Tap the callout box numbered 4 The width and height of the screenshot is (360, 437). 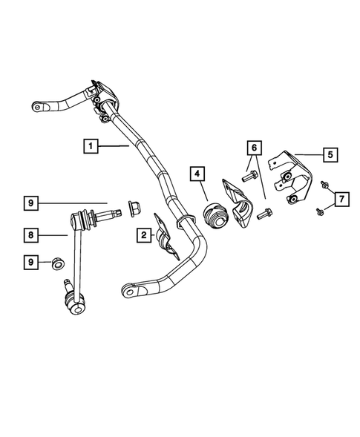[x=197, y=175]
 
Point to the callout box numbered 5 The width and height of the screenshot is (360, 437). [x=330, y=155]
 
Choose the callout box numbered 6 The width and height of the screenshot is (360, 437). [x=254, y=148]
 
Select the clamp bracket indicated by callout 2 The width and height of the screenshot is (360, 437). [x=164, y=236]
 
